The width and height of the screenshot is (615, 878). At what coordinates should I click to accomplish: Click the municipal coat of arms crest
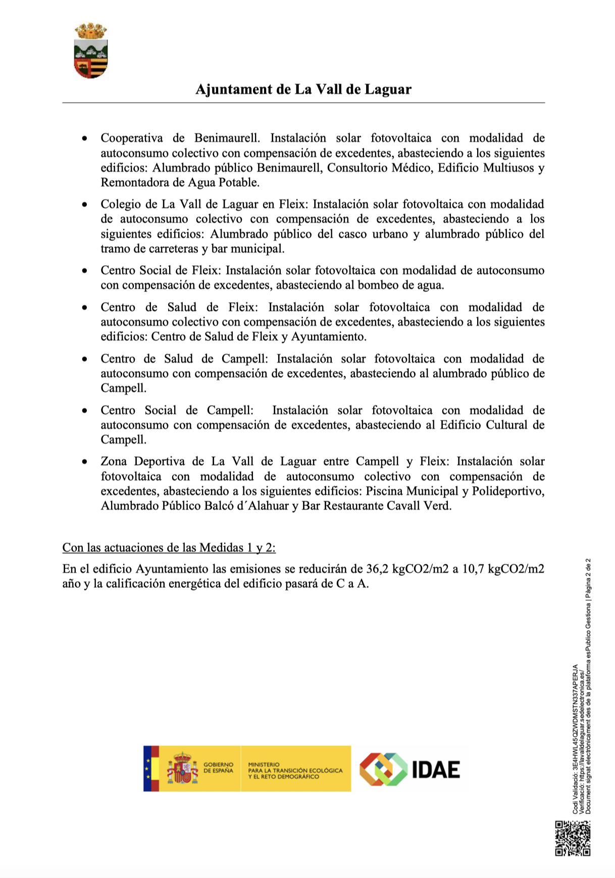(x=91, y=51)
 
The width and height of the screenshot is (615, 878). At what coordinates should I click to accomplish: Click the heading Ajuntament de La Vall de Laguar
(x=303, y=89)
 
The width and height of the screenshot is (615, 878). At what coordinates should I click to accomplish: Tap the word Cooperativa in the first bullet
(x=131, y=138)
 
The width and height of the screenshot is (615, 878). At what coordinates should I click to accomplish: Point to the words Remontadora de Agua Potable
(x=180, y=182)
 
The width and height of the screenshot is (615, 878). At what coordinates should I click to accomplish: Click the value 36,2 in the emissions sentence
(x=378, y=569)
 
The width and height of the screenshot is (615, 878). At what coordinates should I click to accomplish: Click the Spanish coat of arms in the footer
(x=182, y=768)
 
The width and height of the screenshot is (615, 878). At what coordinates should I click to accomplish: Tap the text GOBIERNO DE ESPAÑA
(x=218, y=767)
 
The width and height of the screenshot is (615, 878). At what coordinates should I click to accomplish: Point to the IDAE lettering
(x=436, y=769)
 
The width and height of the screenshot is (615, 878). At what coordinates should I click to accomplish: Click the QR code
(x=573, y=838)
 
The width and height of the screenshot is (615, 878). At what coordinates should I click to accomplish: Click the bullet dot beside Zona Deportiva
(x=85, y=462)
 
